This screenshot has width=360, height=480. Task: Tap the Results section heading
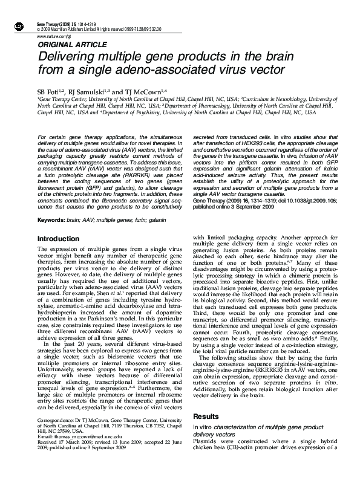pos(205,417)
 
